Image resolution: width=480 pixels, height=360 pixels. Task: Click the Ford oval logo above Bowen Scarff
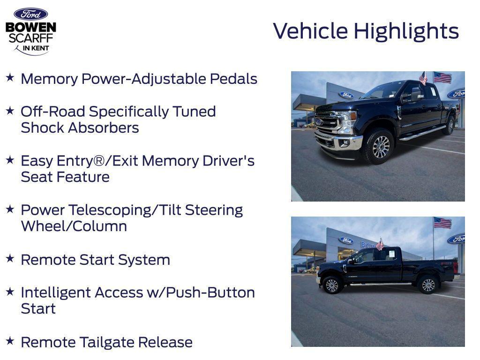click(x=30, y=14)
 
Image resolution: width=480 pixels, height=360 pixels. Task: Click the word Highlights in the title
click(x=406, y=31)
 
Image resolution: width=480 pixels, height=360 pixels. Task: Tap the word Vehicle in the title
click(x=310, y=31)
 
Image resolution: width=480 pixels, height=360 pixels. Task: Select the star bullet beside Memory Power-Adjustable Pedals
click(x=10, y=77)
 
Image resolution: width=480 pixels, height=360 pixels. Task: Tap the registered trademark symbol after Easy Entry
click(x=98, y=160)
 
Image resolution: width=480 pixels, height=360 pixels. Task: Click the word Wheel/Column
click(x=74, y=226)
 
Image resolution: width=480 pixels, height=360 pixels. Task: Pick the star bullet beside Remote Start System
click(x=10, y=258)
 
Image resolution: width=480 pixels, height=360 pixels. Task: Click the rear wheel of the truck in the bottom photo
click(x=428, y=285)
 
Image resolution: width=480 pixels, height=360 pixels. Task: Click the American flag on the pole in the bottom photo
click(x=442, y=223)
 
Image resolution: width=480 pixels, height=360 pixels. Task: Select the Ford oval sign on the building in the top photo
click(x=346, y=95)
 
